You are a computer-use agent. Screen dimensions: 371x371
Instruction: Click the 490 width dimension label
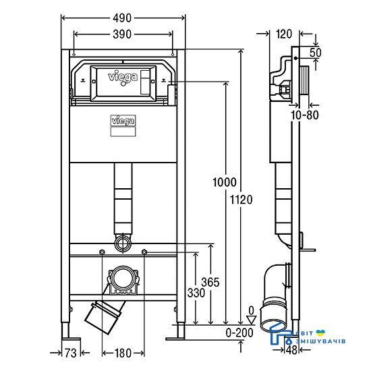point(122,18)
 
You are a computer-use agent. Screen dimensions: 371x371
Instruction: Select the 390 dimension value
point(122,34)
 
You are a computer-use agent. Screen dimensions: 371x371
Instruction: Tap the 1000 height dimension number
point(225,182)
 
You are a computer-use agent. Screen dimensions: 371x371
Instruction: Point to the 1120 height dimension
point(241,200)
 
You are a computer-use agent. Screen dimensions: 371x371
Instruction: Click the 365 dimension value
point(210,282)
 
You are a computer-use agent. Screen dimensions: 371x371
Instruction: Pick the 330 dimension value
point(196,293)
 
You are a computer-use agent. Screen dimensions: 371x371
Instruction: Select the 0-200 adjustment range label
point(239,333)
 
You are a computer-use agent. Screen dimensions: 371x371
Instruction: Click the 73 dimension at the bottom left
point(71,353)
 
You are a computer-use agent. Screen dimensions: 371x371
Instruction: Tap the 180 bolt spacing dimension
point(123,353)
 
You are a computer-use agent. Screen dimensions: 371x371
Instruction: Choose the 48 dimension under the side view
point(291,350)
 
